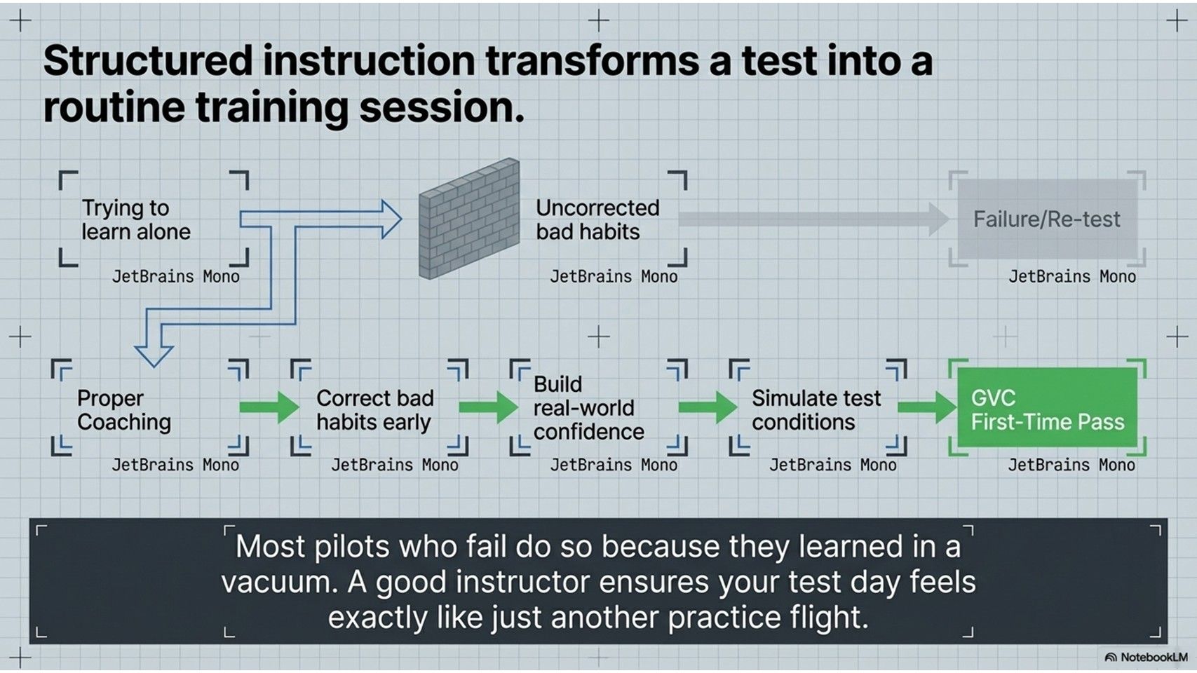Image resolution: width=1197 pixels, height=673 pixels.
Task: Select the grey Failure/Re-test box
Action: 1047,219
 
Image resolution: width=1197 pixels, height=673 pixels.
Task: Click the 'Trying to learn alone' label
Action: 135,219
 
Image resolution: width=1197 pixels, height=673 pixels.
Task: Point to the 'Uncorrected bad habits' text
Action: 597,219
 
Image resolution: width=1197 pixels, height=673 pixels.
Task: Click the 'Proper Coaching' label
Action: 124,410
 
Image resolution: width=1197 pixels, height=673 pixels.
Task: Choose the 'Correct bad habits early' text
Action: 374,410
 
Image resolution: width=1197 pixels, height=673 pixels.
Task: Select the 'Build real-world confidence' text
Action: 588,408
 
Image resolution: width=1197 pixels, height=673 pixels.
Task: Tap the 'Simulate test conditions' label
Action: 816,410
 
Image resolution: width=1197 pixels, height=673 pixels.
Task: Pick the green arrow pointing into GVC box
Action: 927,407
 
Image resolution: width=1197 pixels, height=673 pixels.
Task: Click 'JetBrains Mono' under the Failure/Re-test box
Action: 1071,277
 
